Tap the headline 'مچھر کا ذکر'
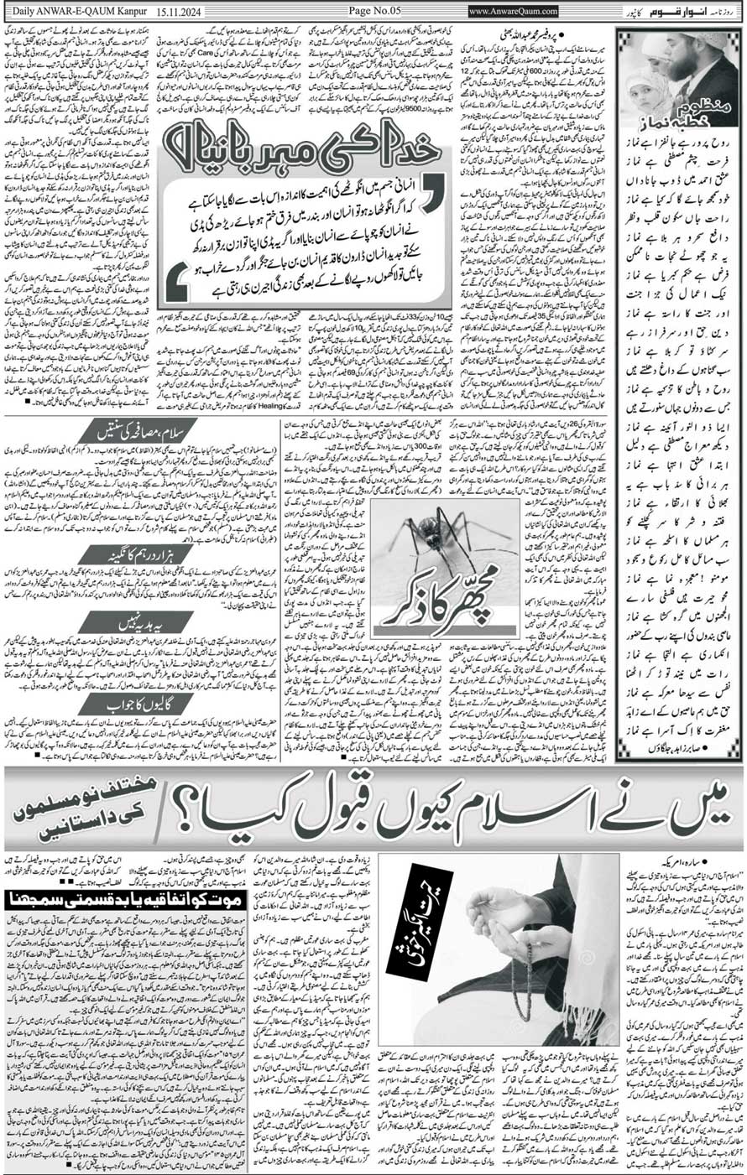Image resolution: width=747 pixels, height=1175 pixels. pyautogui.click(x=431, y=616)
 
